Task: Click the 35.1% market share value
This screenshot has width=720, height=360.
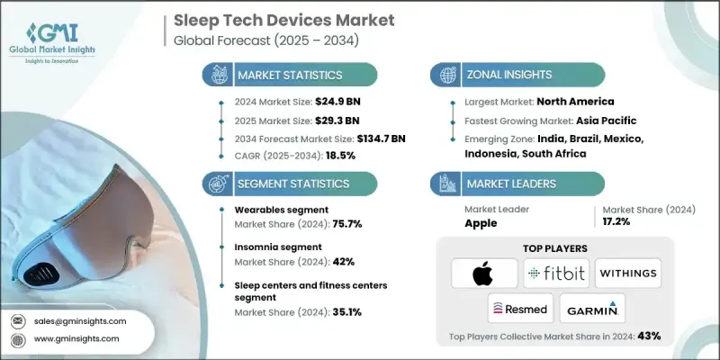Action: click(344, 314)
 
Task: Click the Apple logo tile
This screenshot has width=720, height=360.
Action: click(484, 273)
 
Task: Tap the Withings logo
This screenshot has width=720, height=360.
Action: click(628, 273)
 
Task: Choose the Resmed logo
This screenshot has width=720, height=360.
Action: click(519, 309)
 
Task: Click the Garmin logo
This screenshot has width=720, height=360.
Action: click(593, 309)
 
